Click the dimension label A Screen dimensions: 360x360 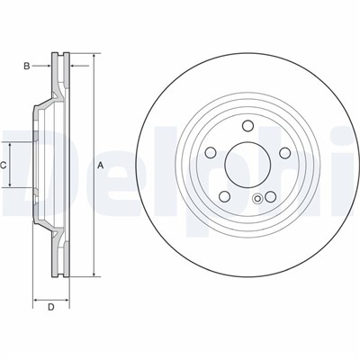click(x=101, y=165)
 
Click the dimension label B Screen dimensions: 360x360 click(x=27, y=66)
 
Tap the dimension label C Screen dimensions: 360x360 click(x=3, y=165)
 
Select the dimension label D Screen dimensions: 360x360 click(x=51, y=307)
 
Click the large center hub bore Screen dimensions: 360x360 click(x=247, y=164)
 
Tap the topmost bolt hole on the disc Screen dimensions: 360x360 click(x=247, y=126)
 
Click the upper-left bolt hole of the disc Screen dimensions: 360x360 click(x=211, y=153)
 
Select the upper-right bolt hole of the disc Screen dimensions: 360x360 click(x=284, y=153)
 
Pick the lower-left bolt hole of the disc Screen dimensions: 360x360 click(x=225, y=196)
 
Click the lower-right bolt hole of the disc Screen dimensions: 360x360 click(x=270, y=197)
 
